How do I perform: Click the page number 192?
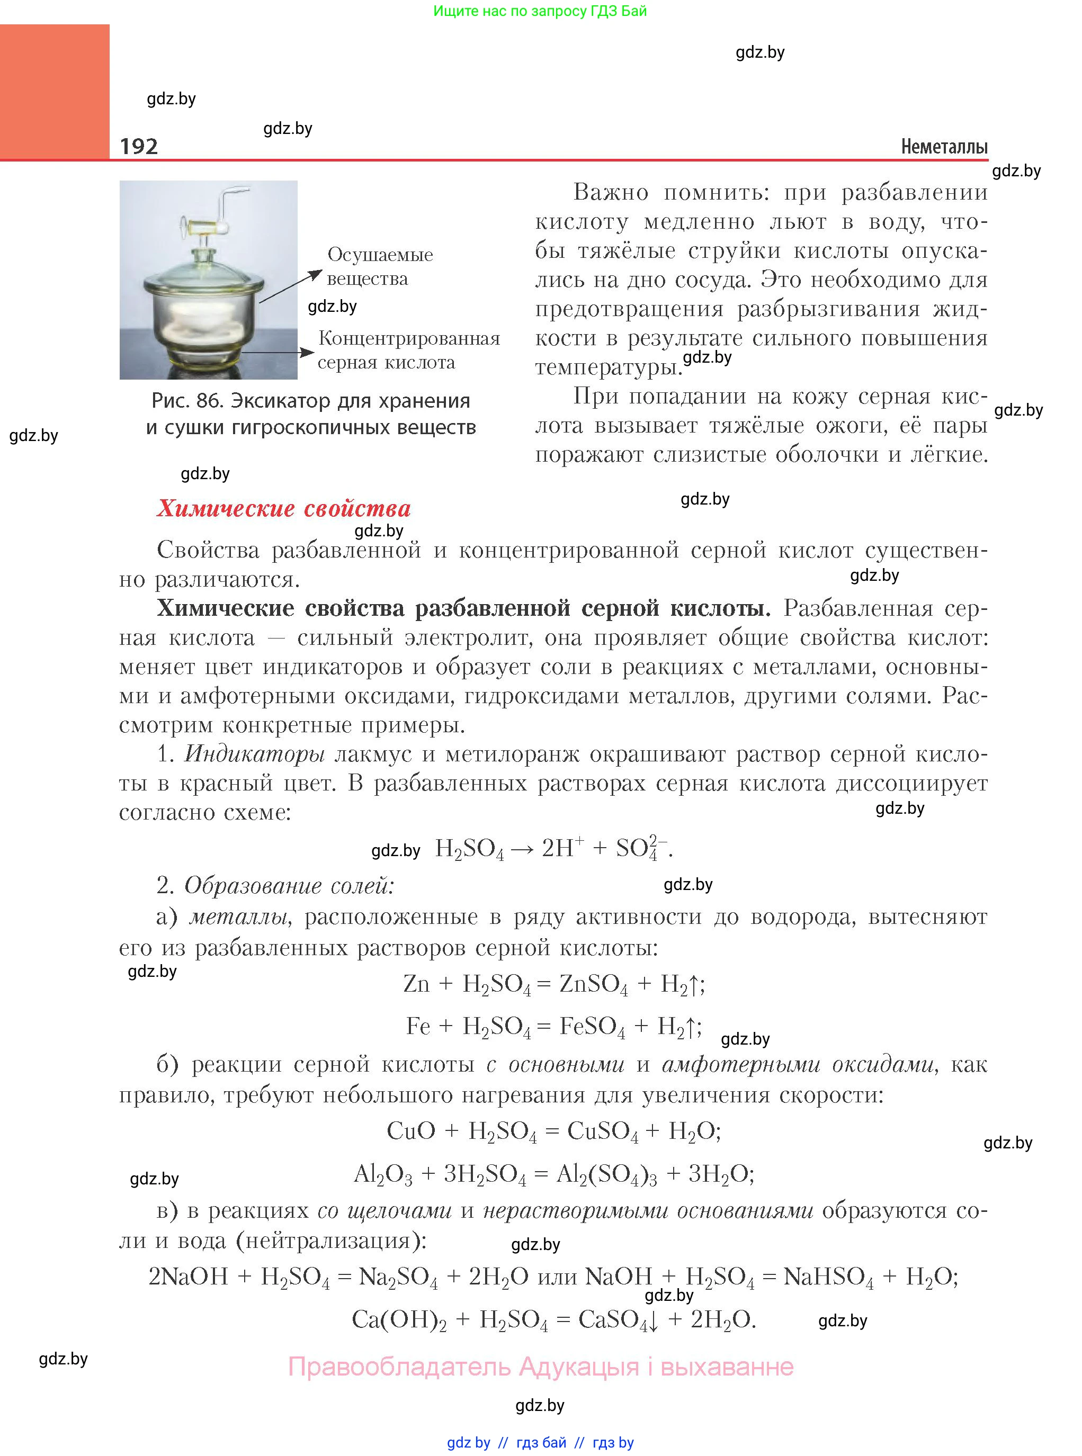139,146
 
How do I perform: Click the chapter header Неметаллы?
944,147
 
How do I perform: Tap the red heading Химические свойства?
283,509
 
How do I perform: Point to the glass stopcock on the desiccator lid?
204,227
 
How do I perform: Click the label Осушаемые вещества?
379,266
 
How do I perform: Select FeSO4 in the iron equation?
592,1027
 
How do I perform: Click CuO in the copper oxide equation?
410,1130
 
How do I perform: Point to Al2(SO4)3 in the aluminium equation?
606,1174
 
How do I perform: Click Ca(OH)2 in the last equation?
399,1319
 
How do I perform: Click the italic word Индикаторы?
254,754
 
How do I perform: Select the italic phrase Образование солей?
289,886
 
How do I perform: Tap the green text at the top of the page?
540,11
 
